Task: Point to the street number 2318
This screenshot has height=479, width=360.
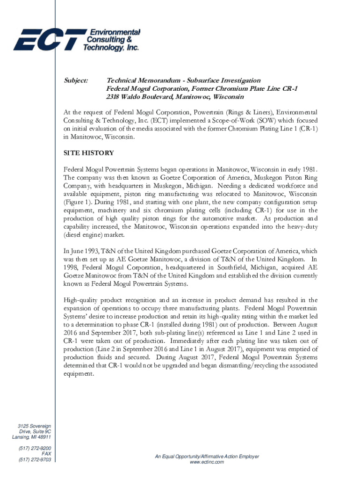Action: point(114,97)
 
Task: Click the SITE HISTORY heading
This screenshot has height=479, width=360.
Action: point(88,153)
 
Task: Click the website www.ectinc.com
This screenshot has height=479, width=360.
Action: point(207,462)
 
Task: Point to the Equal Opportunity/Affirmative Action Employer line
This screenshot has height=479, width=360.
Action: point(207,456)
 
